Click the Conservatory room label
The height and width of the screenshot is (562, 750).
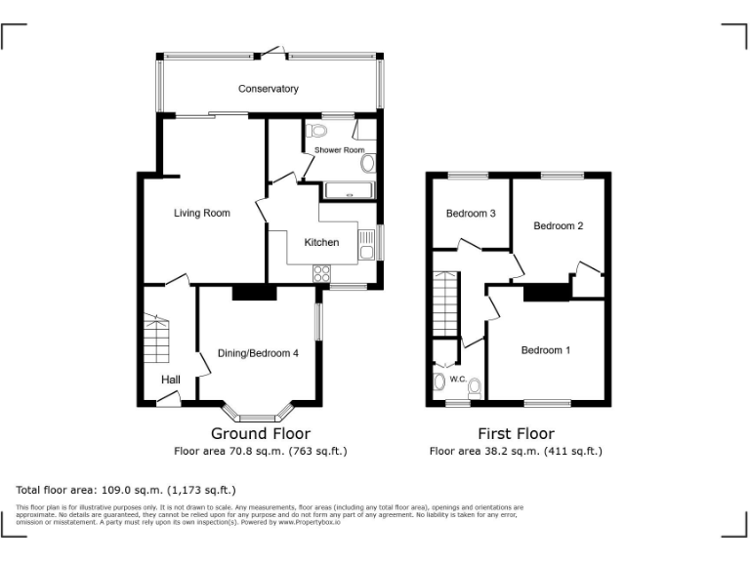click(268, 89)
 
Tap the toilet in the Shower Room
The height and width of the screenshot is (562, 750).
click(314, 131)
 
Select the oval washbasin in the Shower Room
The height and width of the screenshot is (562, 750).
click(367, 164)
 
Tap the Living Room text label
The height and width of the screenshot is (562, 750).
click(202, 213)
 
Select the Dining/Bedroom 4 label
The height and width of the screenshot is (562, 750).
click(258, 353)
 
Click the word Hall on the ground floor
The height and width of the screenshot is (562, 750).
click(171, 380)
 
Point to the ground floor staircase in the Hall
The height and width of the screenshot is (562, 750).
click(156, 337)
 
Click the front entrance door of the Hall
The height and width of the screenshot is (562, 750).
click(167, 398)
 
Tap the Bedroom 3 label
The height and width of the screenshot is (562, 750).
click(471, 214)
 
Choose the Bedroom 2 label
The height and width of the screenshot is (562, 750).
click(558, 225)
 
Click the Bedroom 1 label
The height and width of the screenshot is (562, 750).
click(546, 350)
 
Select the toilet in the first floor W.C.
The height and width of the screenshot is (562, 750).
click(439, 381)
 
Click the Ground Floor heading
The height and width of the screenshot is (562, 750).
click(261, 433)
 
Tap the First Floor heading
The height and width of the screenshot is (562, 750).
click(516, 433)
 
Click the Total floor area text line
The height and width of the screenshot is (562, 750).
click(126, 489)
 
